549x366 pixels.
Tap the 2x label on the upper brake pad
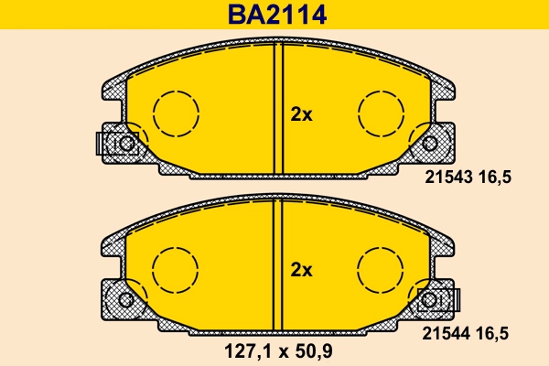tap(301, 114)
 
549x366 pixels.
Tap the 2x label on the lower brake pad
tap(301, 270)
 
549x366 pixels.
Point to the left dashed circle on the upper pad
tap(175, 114)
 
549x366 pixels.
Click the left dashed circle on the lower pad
tap(175, 270)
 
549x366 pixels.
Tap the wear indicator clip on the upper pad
tap(111, 143)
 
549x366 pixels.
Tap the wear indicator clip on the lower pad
tap(439, 299)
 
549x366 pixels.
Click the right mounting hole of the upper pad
tap(430, 143)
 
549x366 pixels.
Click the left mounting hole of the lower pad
tap(126, 299)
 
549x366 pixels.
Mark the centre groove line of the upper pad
tap(278, 105)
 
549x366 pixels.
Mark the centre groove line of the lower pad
tap(278, 261)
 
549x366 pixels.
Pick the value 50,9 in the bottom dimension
tap(316, 350)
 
